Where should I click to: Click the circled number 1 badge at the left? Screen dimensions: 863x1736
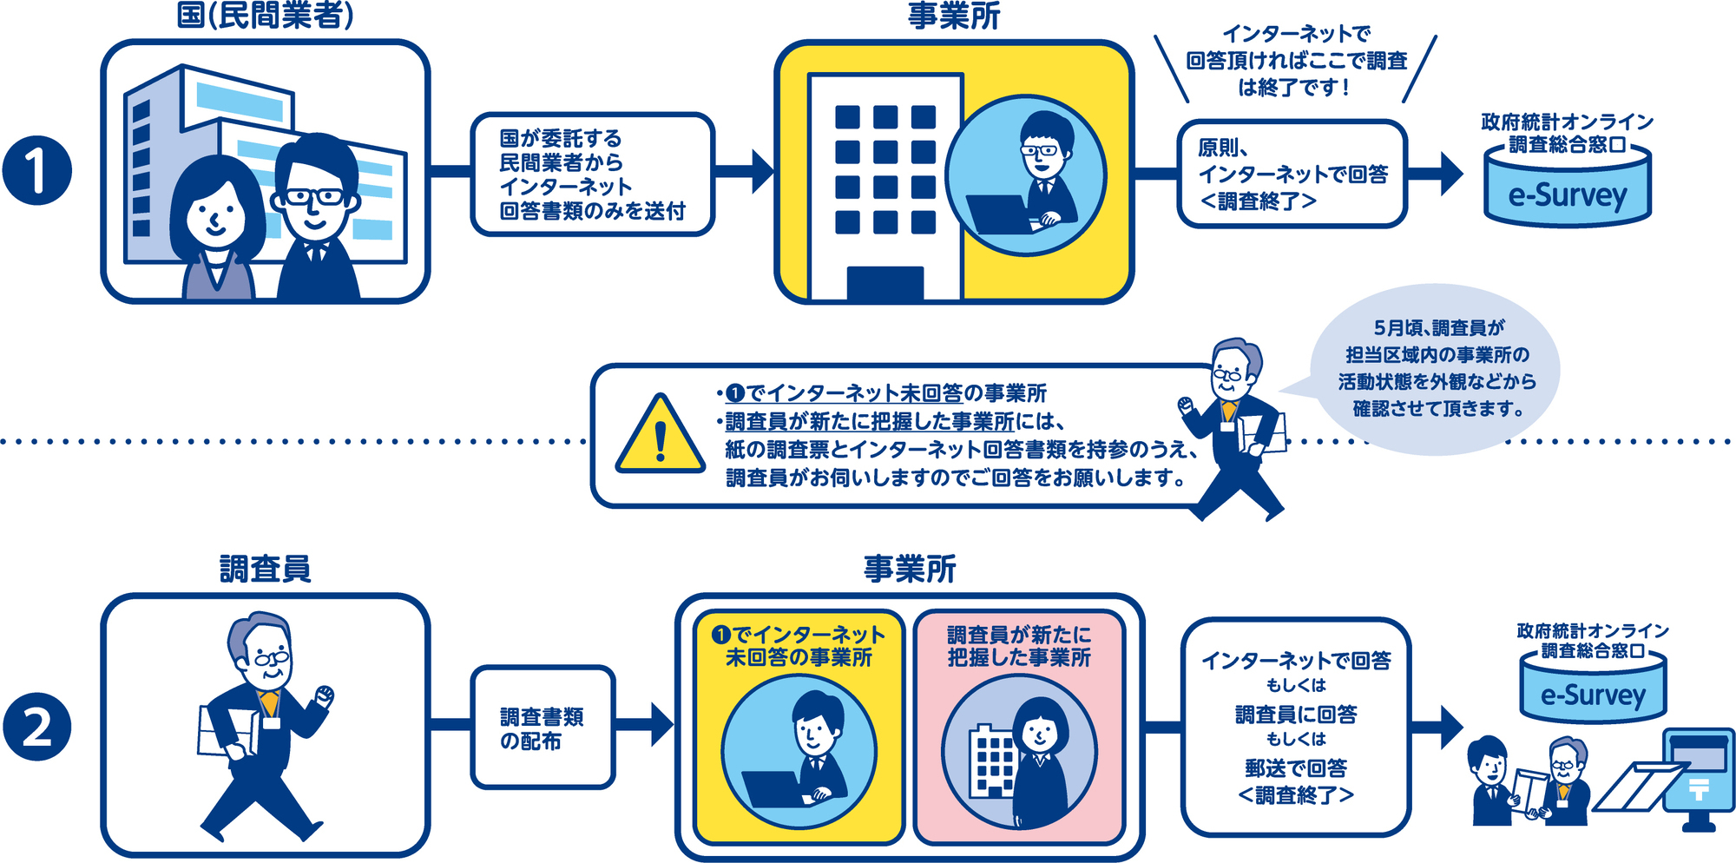(36, 170)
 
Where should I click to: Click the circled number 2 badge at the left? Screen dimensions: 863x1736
(36, 726)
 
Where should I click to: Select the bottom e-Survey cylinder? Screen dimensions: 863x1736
(1593, 689)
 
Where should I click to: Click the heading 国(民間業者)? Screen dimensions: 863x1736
(265, 16)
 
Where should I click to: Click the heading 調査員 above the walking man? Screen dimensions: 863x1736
(265, 569)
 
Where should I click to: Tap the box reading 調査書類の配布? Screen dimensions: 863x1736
(542, 728)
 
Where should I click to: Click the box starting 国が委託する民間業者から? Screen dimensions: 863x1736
(592, 174)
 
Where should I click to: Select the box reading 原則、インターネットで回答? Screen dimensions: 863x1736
(1291, 174)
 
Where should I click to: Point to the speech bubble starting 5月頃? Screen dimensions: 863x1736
(1437, 369)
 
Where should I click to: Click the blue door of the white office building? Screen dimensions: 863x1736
(884, 283)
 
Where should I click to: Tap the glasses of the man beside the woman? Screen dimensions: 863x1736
(312, 197)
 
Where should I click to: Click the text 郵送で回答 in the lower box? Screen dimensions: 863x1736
(1295, 767)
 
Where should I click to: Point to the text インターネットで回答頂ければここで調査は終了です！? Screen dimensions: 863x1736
(1296, 61)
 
